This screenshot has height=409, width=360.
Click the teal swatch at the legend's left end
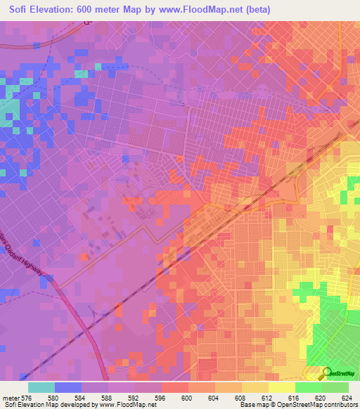tap(41, 387)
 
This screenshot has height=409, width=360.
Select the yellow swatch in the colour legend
tap(281, 387)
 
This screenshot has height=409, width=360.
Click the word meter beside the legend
tap(11, 398)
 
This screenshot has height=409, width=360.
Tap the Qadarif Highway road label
tap(28, 261)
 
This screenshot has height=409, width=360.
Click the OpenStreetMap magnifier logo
tap(327, 372)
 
